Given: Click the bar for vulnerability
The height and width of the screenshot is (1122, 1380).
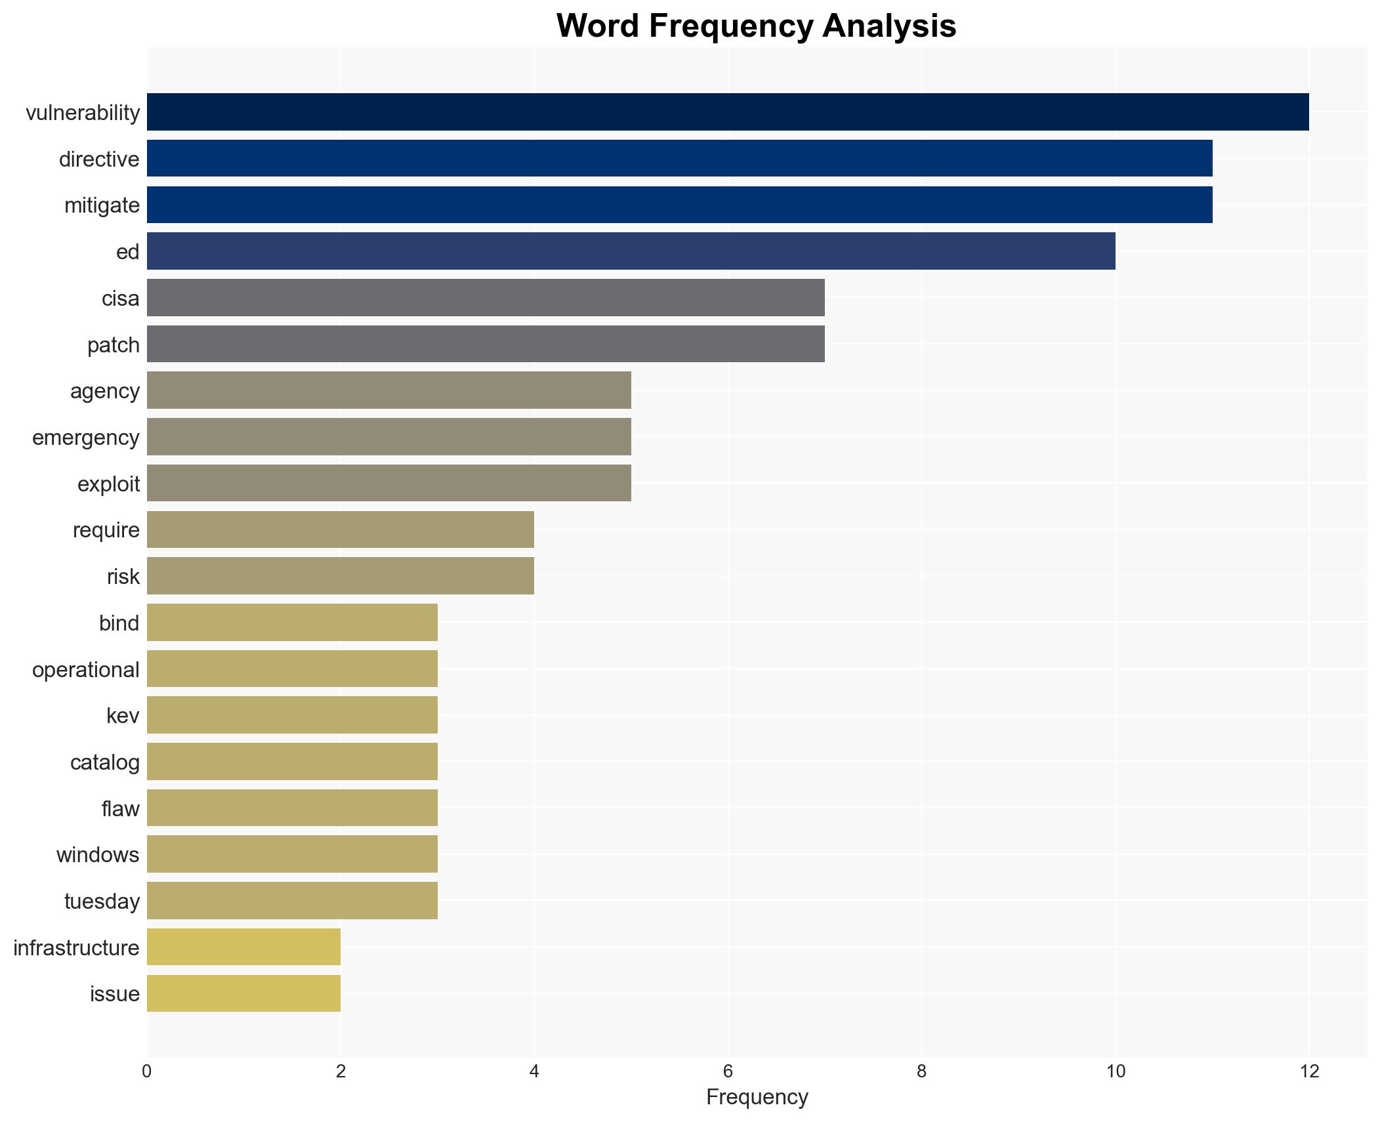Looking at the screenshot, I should click(x=727, y=112).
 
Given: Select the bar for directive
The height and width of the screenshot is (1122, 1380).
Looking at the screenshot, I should click(x=679, y=159).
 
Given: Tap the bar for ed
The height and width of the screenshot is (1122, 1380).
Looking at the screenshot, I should click(x=631, y=251).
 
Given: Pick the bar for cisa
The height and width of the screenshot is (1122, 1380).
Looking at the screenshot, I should click(x=486, y=298).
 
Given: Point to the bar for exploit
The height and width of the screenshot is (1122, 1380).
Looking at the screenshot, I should click(x=388, y=484).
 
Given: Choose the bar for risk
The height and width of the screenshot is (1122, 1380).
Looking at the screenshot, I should click(x=340, y=576).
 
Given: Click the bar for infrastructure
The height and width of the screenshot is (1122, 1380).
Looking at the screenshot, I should click(x=243, y=947).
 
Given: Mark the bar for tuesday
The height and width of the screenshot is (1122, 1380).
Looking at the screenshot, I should click(x=292, y=901).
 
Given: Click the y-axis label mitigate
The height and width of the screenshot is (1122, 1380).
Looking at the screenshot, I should click(x=102, y=205).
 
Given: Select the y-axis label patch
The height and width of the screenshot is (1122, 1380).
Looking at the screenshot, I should click(x=113, y=344).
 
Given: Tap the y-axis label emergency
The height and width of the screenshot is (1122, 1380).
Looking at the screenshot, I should click(x=85, y=437).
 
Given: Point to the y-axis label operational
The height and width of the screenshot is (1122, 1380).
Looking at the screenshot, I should click(x=85, y=669).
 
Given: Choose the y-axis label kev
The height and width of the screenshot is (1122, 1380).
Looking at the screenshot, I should click(x=123, y=715).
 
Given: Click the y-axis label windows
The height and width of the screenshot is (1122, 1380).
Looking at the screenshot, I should click(x=97, y=854).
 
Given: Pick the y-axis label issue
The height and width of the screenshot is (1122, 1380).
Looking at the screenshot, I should click(x=114, y=993).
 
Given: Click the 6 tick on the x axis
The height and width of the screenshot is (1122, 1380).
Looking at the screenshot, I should click(x=727, y=1071).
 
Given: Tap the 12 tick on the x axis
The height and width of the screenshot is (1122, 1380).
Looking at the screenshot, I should click(x=1308, y=1071).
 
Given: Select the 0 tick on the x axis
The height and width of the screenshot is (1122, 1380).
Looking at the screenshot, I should click(x=146, y=1071).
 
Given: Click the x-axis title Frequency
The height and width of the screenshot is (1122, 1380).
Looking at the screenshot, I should click(x=757, y=1097).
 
